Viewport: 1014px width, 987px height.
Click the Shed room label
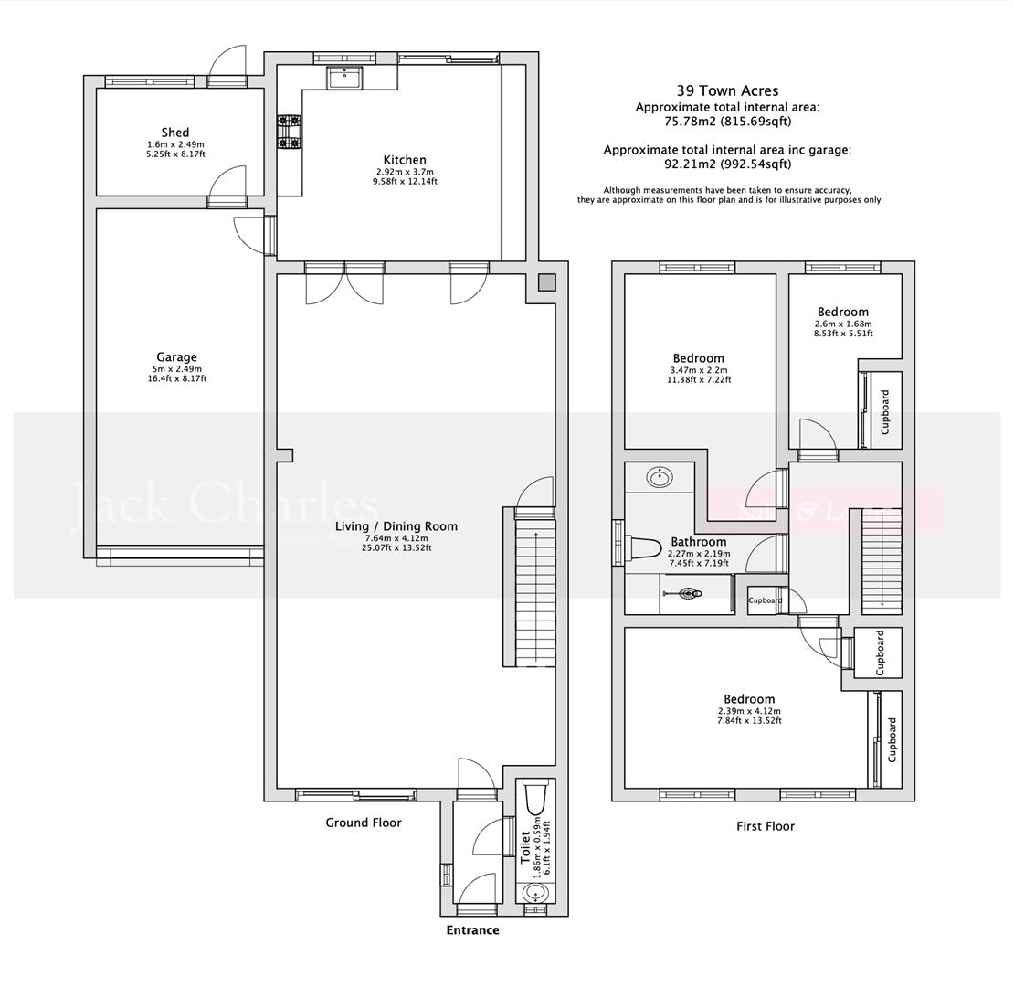(175, 133)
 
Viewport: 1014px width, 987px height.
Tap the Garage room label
(176, 357)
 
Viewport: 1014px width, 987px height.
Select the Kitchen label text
(405, 160)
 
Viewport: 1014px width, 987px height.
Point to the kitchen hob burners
(290, 132)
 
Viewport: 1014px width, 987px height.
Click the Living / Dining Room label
(396, 526)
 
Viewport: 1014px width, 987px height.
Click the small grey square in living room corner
(545, 283)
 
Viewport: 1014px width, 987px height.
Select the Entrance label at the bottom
(472, 930)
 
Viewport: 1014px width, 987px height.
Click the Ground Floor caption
(364, 822)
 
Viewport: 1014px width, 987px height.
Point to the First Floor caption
(766, 826)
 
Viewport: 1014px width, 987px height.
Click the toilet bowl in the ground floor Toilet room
(535, 801)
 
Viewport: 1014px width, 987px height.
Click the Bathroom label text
(699, 542)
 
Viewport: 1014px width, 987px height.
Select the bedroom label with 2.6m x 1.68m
(843, 312)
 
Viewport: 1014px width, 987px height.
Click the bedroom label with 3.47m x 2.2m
(699, 358)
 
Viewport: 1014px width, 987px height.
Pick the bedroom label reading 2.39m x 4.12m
(749, 699)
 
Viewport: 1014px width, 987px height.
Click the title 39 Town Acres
(727, 90)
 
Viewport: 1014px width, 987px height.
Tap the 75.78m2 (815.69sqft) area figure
(727, 121)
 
